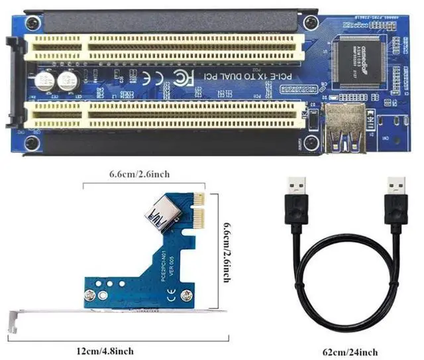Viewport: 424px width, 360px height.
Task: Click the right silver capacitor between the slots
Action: (67, 82)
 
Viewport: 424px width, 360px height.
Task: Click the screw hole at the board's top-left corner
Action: (30, 19)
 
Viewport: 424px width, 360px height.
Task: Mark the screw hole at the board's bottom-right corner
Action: (310, 141)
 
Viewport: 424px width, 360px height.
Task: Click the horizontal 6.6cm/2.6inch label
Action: (140, 174)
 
